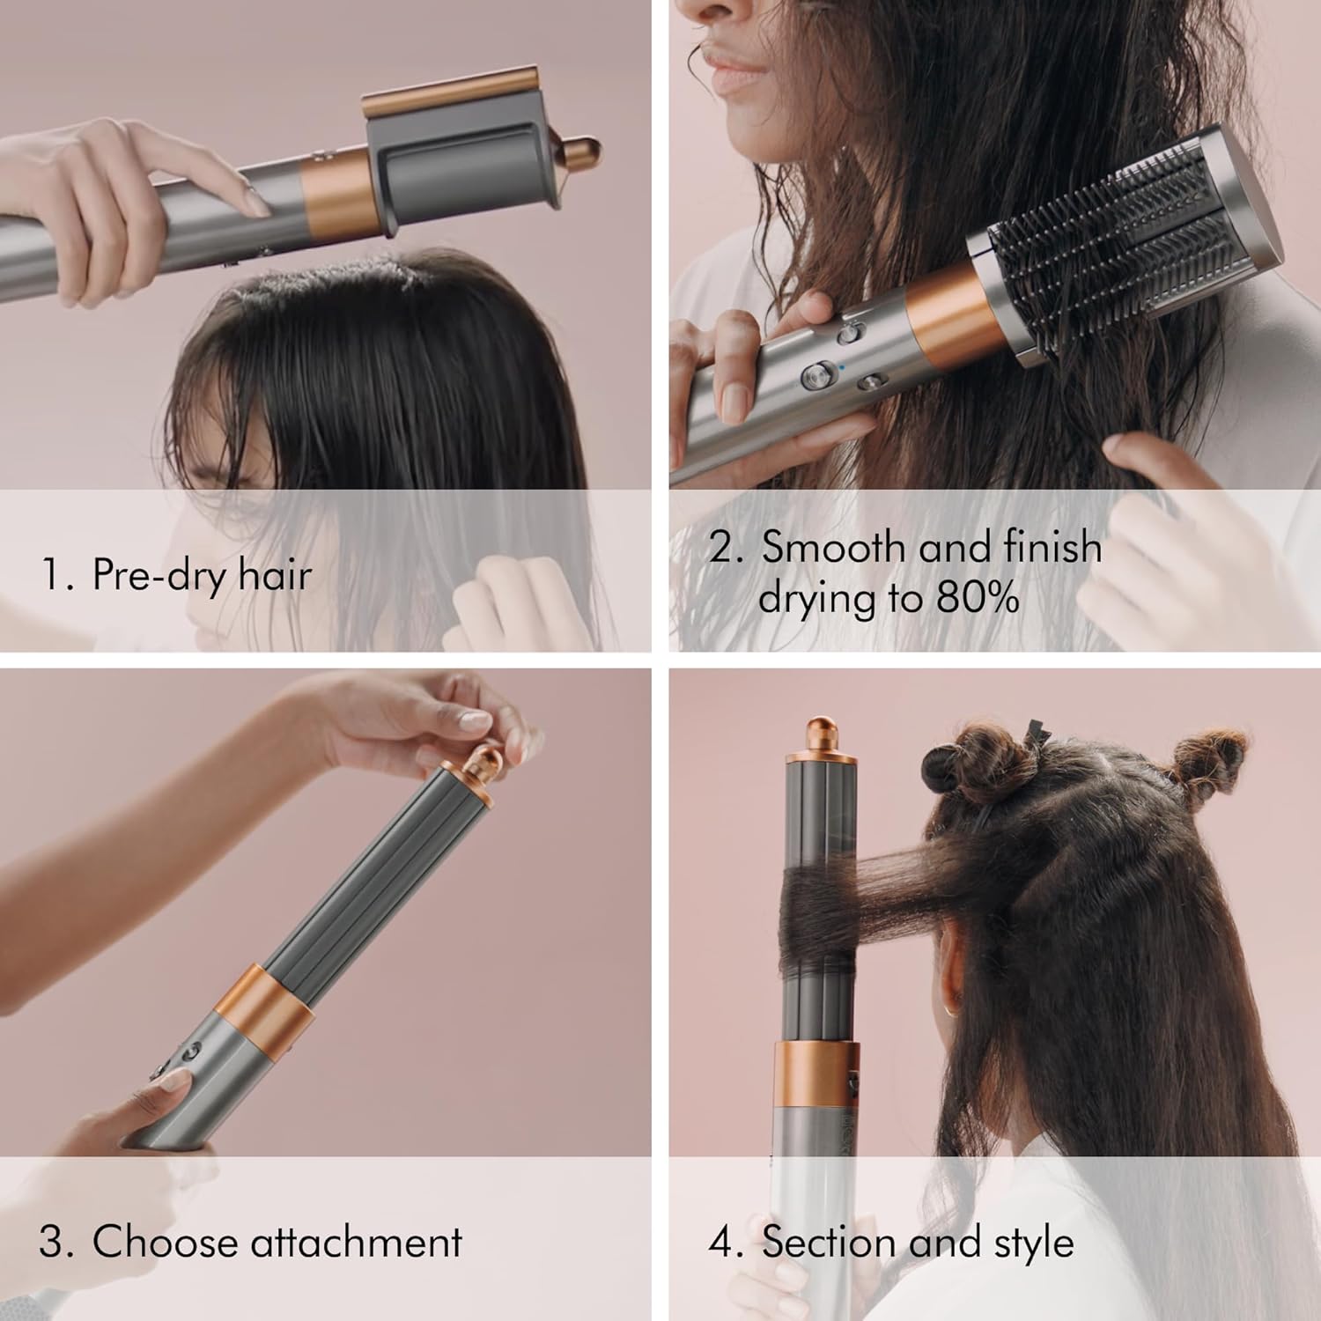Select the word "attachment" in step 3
[356, 1242]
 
